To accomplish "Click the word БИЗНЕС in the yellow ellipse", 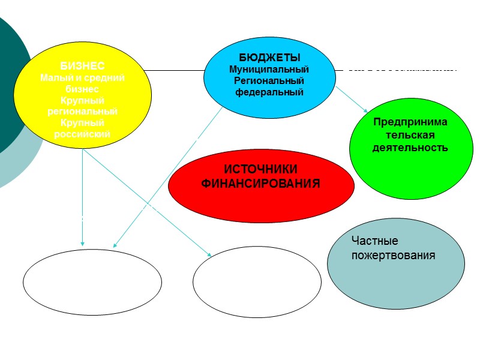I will tap(82, 67).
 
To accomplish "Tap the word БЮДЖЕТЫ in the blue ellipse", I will tap(269, 58).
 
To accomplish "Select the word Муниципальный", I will tap(269, 70).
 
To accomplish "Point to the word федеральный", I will tap(269, 92).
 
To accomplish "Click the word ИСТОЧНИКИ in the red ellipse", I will tap(260, 170).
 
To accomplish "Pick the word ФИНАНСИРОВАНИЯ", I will tap(260, 183).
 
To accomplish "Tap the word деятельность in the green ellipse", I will tap(410, 147).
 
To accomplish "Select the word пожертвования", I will tap(393, 255).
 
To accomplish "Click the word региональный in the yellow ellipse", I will tap(82, 112).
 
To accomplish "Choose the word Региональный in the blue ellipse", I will tap(269, 81).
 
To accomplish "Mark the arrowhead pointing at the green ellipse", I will tap(365, 110).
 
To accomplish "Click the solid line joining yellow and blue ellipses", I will tap(177, 70).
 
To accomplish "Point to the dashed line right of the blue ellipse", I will tap(402, 70).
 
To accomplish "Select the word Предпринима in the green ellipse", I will tap(410, 122).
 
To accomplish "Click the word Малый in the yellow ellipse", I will tap(53, 77).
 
